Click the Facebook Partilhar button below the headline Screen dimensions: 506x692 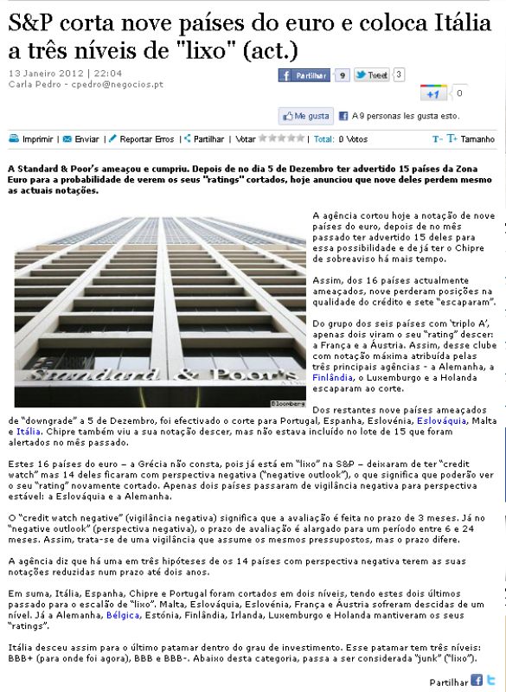(304, 75)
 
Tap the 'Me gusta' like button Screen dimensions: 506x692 (305, 115)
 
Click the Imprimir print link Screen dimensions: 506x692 (31, 138)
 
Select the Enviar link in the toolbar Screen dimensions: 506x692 (81, 138)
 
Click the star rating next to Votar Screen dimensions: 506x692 (282, 138)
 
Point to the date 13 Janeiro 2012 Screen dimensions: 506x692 (48, 74)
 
